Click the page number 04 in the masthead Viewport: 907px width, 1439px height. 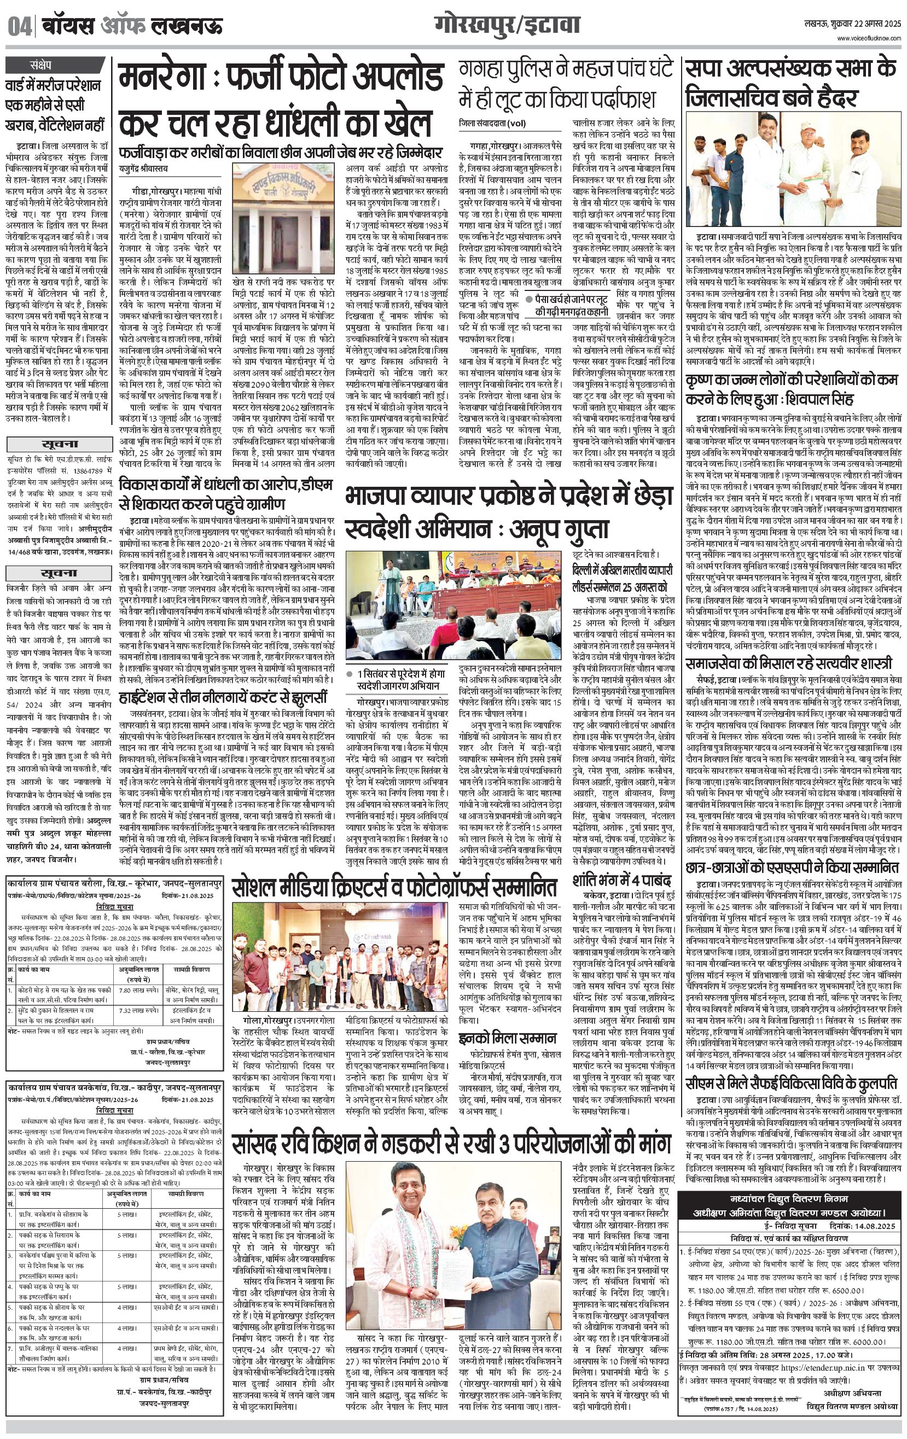[x=19, y=27]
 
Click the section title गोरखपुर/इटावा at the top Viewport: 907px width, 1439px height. [x=508, y=26]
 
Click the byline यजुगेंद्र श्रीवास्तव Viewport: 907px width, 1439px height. [x=143, y=169]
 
